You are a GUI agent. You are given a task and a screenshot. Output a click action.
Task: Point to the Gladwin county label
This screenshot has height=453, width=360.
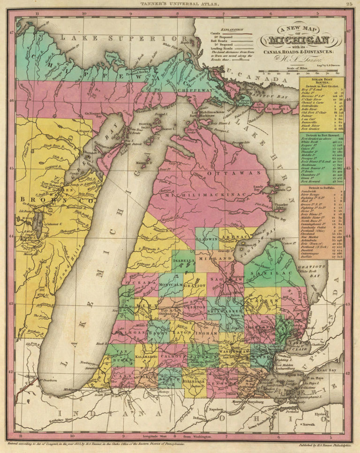coord(207,238)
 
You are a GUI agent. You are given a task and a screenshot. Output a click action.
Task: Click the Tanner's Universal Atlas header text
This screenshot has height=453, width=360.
coord(180,5)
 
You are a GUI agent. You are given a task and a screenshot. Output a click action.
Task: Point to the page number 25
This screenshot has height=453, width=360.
coord(349,5)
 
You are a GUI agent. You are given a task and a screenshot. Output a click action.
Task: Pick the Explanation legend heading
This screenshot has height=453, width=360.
coord(227,29)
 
